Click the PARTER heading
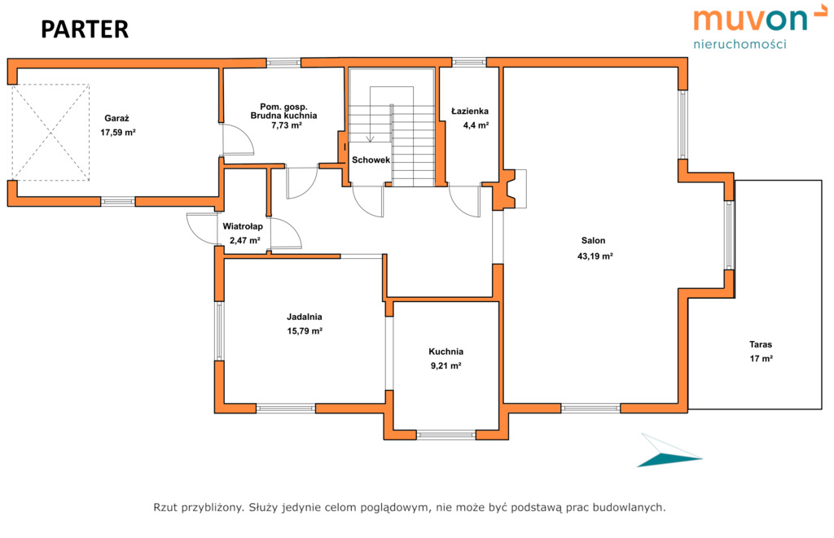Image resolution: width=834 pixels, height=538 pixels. [85, 30]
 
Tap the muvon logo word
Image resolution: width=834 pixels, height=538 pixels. [751, 20]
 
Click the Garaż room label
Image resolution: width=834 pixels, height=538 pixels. [117, 119]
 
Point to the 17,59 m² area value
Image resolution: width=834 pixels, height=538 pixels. [118, 133]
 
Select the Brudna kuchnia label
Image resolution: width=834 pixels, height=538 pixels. [283, 116]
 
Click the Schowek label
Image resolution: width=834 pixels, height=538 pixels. [371, 160]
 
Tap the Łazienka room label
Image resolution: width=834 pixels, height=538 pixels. [470, 112]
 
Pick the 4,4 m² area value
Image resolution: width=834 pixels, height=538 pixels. [476, 125]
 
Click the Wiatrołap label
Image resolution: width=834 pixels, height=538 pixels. [243, 226]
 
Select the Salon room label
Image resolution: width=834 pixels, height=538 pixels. [593, 241]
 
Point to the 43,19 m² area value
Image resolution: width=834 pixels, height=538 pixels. [595, 256]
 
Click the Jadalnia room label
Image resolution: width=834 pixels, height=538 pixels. [305, 317]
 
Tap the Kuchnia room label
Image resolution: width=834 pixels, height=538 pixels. [446, 352]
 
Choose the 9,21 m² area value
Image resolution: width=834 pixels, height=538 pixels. [446, 365]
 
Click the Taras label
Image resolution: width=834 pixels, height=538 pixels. [761, 344]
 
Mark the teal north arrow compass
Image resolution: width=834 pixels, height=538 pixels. [669, 453]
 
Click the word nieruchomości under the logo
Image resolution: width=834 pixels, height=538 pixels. [740, 44]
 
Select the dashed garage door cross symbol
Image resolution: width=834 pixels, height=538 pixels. [50, 132]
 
